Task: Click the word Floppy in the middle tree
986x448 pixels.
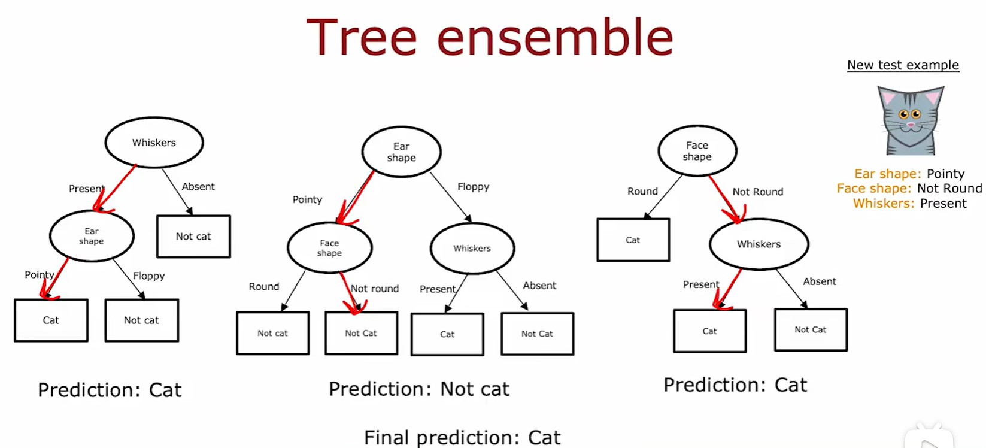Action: click(x=473, y=187)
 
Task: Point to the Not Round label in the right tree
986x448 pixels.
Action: click(x=758, y=192)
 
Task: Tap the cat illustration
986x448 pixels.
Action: click(x=911, y=120)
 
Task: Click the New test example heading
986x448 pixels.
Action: click(x=903, y=65)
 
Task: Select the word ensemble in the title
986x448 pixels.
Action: click(x=556, y=37)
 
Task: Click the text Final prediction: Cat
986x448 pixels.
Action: click(x=462, y=438)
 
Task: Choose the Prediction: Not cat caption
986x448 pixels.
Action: click(x=419, y=389)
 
